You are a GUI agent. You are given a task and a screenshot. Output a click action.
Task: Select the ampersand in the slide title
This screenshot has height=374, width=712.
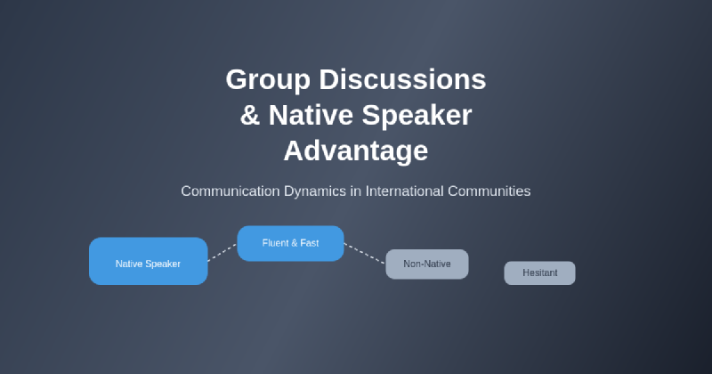[x=249, y=115]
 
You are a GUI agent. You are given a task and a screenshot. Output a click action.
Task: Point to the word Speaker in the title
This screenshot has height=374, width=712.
[x=417, y=115]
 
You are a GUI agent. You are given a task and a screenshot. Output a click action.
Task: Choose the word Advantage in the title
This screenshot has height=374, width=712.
[x=356, y=150]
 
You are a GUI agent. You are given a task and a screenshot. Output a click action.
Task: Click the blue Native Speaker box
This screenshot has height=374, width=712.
[x=148, y=262]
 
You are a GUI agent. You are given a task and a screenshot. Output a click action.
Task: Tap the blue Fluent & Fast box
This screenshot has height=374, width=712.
[x=290, y=243]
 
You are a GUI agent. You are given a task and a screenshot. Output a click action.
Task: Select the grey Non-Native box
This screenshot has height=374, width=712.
[x=427, y=264]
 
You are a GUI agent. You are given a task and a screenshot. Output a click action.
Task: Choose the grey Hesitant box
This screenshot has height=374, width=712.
[x=539, y=272]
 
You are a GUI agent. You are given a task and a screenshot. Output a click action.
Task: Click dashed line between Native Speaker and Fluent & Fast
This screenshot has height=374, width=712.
[x=222, y=253]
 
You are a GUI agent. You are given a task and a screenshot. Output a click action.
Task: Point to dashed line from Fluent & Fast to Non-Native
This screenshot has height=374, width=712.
[x=365, y=254]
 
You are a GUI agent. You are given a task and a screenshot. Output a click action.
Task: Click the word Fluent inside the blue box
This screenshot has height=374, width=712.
[x=275, y=243]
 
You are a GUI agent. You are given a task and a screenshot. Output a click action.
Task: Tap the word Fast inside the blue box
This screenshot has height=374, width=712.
[x=309, y=243]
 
